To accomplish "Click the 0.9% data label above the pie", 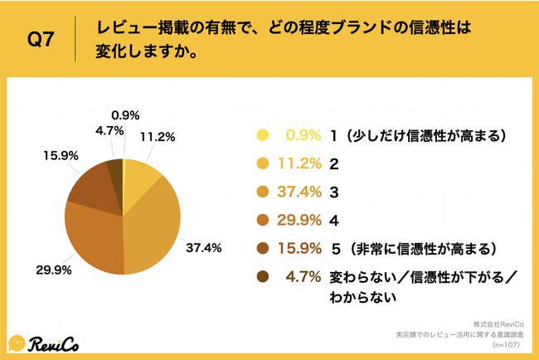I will [124, 115].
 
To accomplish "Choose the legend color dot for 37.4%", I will [263, 192].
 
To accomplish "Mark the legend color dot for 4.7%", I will [263, 277].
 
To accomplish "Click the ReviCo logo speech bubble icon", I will [17, 342].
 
